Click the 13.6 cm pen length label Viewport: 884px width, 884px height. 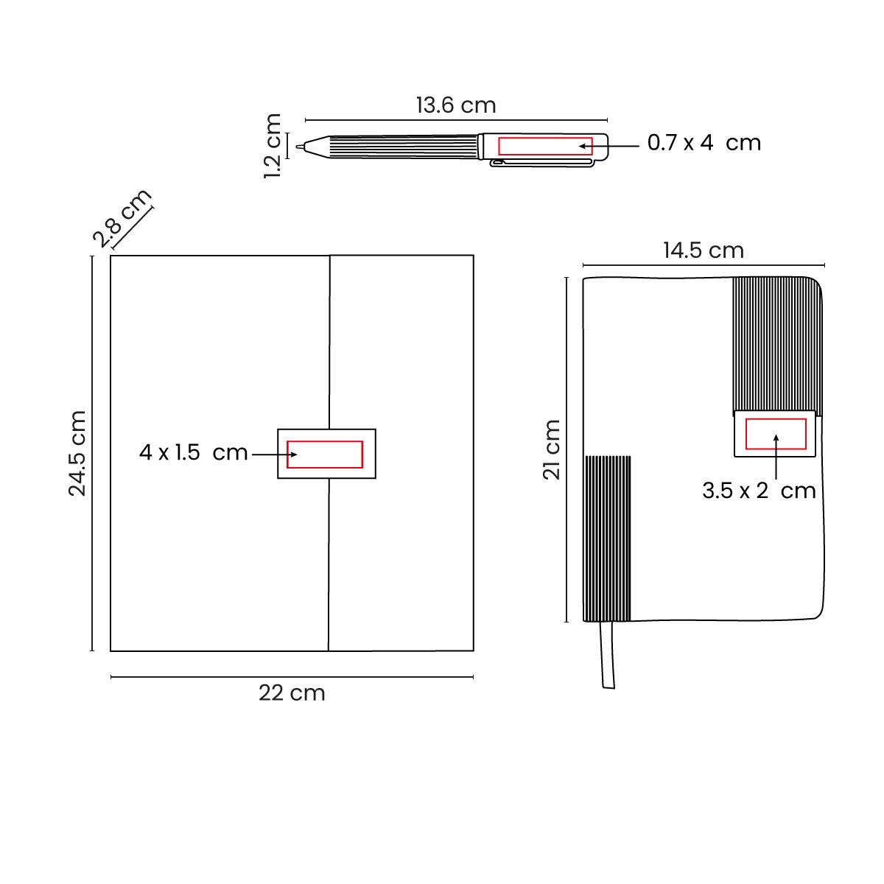(456, 105)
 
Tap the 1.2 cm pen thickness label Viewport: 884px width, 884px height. (273, 146)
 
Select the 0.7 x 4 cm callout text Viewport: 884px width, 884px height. (704, 142)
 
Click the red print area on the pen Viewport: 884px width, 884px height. (545, 146)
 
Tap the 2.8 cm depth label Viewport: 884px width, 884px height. (122, 217)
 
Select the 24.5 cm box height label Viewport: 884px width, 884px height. (78, 453)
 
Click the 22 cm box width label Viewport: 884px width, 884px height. (292, 693)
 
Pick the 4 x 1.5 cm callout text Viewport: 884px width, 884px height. (193, 452)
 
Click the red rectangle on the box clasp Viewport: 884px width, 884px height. (325, 455)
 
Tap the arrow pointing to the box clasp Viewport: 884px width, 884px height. (273, 455)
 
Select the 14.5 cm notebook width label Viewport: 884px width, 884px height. (704, 250)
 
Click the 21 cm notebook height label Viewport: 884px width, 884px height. (552, 449)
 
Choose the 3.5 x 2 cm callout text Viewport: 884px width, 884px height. (758, 491)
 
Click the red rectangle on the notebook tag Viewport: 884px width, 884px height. (776, 433)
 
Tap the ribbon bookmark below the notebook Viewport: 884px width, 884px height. (608, 656)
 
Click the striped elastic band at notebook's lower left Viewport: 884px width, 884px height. (608, 539)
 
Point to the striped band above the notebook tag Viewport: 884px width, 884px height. (776, 343)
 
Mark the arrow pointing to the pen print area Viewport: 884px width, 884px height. (615, 147)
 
